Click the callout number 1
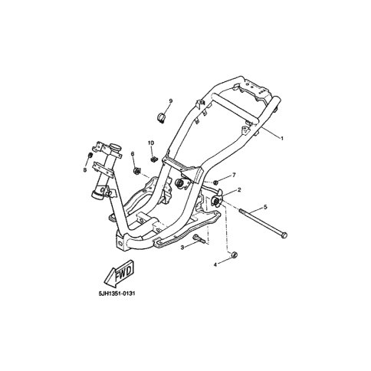(x=282, y=138)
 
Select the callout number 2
(x=239, y=190)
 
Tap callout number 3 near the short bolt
(x=182, y=248)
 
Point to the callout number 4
(x=215, y=265)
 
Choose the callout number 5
(x=265, y=207)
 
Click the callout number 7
(x=234, y=175)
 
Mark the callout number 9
(x=171, y=101)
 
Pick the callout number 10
(x=151, y=143)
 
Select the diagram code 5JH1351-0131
(x=117, y=293)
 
